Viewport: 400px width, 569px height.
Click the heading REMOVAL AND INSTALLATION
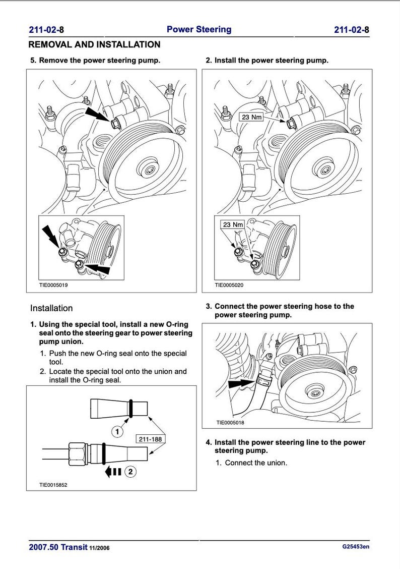tap(95, 44)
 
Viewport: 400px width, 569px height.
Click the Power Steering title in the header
tap(199, 29)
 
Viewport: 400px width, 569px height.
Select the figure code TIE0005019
tap(53, 285)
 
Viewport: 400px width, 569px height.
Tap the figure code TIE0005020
tap(229, 285)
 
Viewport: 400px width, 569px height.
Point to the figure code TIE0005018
tap(230, 423)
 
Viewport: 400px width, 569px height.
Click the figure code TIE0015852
tap(53, 485)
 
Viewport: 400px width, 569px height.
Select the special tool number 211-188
tap(150, 439)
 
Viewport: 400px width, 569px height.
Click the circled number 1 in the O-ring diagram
tap(117, 432)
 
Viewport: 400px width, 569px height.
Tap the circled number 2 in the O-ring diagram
tap(130, 472)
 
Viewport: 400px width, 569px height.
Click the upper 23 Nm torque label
tap(252, 117)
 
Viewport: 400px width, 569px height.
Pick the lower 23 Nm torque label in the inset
tap(233, 224)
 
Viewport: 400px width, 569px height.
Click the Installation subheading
tap(51, 308)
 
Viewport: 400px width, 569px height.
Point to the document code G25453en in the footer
tap(356, 546)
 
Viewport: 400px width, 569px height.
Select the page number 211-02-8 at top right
tap(352, 30)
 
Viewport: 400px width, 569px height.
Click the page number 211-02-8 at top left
tap(46, 30)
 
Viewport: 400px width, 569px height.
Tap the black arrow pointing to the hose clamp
tap(241, 383)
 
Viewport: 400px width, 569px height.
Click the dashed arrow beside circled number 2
tap(113, 472)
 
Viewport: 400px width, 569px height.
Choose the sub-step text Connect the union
tap(256, 463)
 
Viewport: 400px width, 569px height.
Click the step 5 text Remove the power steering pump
tap(100, 61)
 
